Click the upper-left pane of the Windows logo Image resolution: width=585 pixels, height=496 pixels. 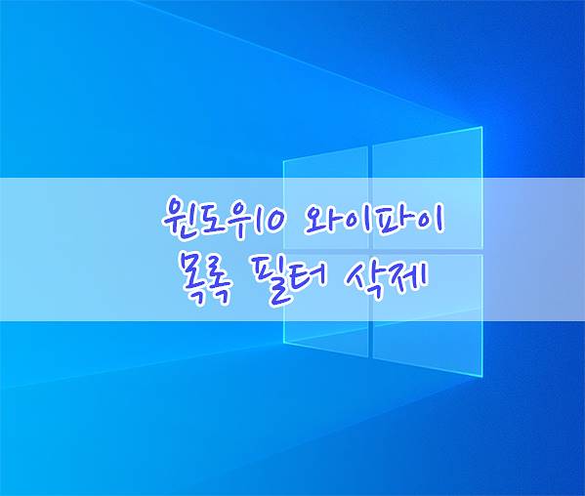(325, 197)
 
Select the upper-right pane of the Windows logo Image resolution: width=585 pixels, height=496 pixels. (428, 188)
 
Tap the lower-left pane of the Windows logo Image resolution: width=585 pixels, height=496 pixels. (325, 305)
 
